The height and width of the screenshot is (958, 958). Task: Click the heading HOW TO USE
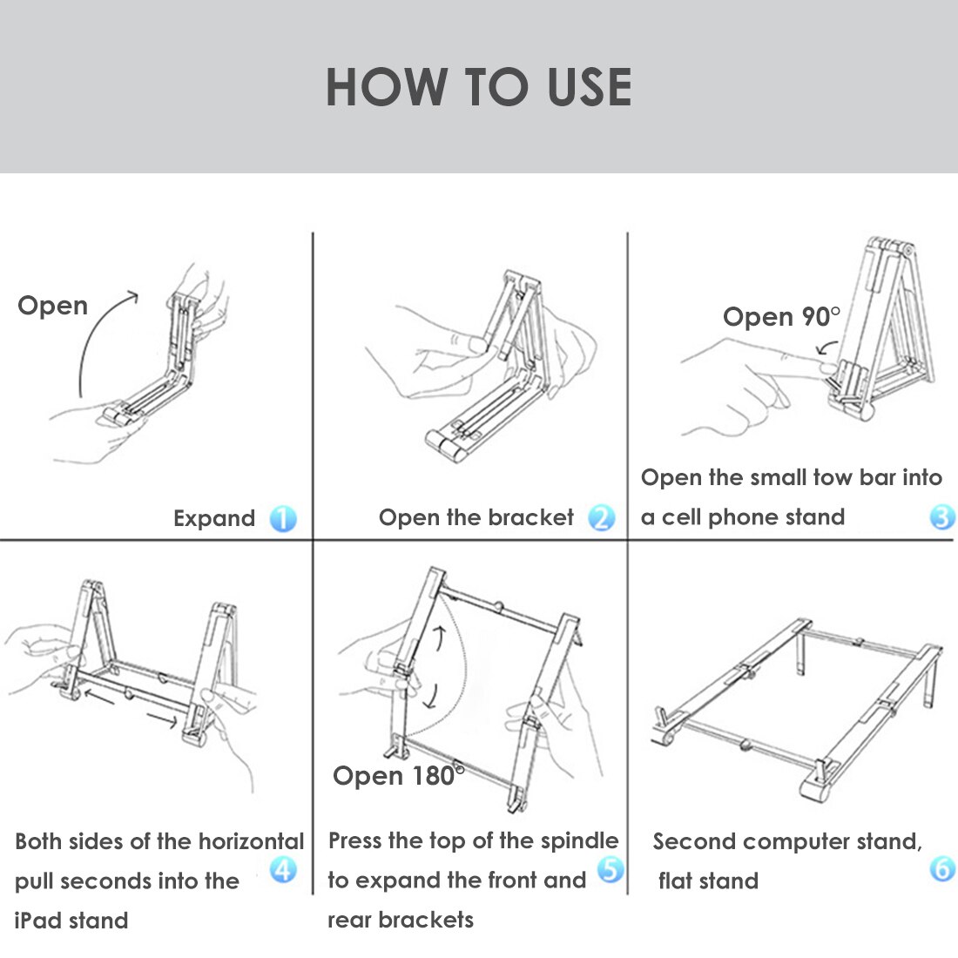(x=478, y=87)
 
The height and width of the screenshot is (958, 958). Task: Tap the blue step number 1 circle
(x=283, y=519)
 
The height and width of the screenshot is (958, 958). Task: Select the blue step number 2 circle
(x=602, y=518)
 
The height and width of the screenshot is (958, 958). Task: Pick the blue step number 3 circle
(x=942, y=517)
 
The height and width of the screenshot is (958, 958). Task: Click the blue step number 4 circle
(x=283, y=869)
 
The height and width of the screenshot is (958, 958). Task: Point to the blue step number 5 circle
(x=611, y=869)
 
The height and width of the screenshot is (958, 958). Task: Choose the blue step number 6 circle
(x=942, y=869)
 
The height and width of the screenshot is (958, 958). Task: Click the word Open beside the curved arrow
(x=52, y=306)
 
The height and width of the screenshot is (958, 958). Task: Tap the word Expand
(x=214, y=519)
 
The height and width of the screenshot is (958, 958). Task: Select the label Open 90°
(x=781, y=317)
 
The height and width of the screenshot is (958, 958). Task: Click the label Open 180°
(x=397, y=776)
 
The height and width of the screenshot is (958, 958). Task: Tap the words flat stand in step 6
(x=709, y=880)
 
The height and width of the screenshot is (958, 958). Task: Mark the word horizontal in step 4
(x=251, y=841)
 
